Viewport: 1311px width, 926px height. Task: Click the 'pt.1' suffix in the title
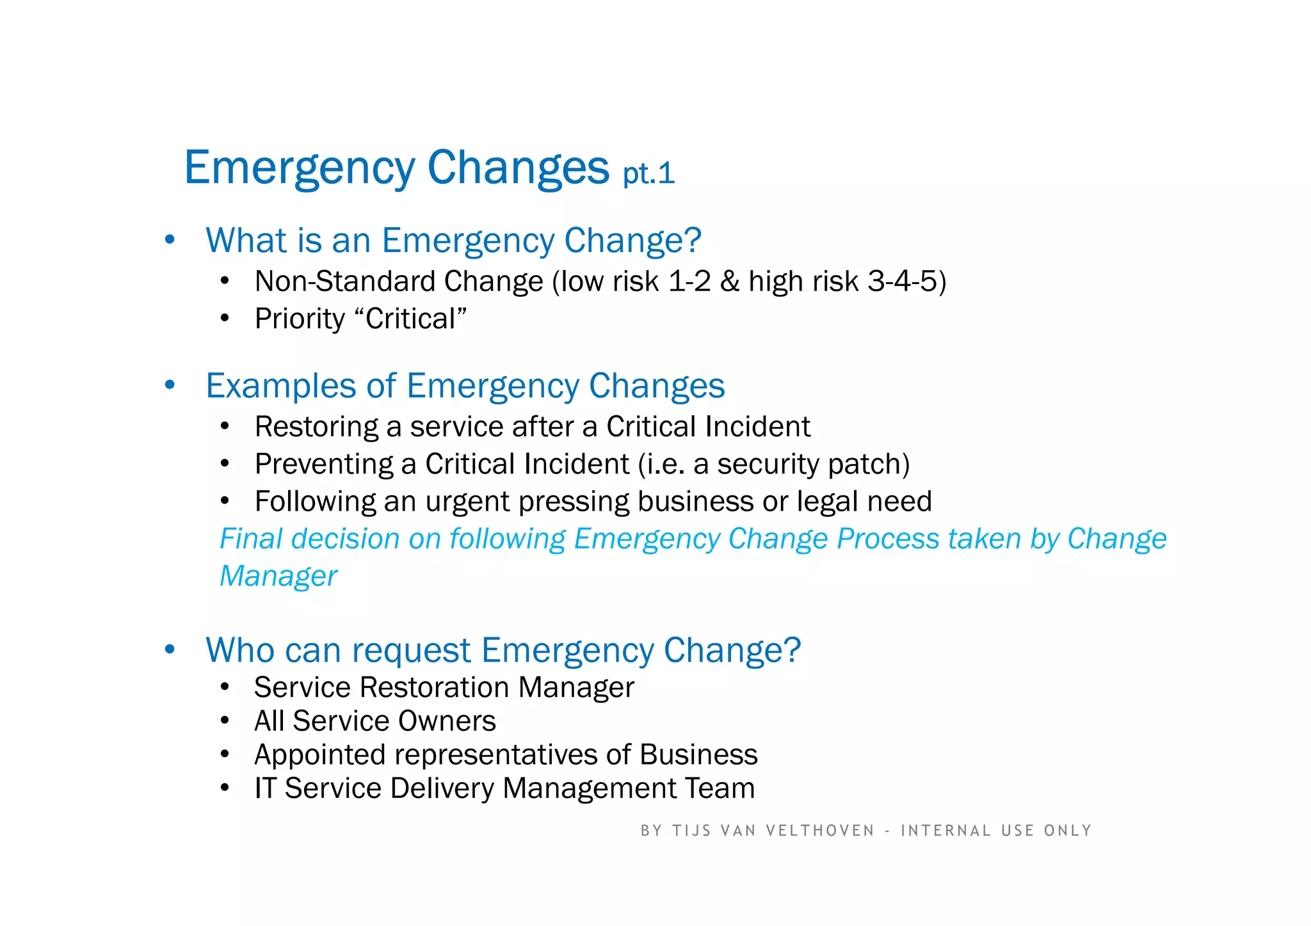coord(649,174)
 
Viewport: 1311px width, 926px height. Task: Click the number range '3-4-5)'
coord(906,282)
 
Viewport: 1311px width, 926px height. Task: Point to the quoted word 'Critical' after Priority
coord(410,319)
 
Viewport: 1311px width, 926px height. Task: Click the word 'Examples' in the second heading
coord(280,387)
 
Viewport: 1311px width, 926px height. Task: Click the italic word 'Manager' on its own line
coord(278,576)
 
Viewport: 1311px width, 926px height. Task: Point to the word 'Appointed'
coord(319,755)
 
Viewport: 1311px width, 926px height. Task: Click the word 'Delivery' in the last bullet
coord(442,788)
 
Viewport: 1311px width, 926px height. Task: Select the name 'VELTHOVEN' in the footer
coord(820,831)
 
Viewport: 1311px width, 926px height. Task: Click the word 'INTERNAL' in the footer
coord(946,831)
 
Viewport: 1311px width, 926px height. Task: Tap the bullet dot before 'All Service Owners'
coord(224,721)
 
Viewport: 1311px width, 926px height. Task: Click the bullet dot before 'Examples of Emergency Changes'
coord(170,385)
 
